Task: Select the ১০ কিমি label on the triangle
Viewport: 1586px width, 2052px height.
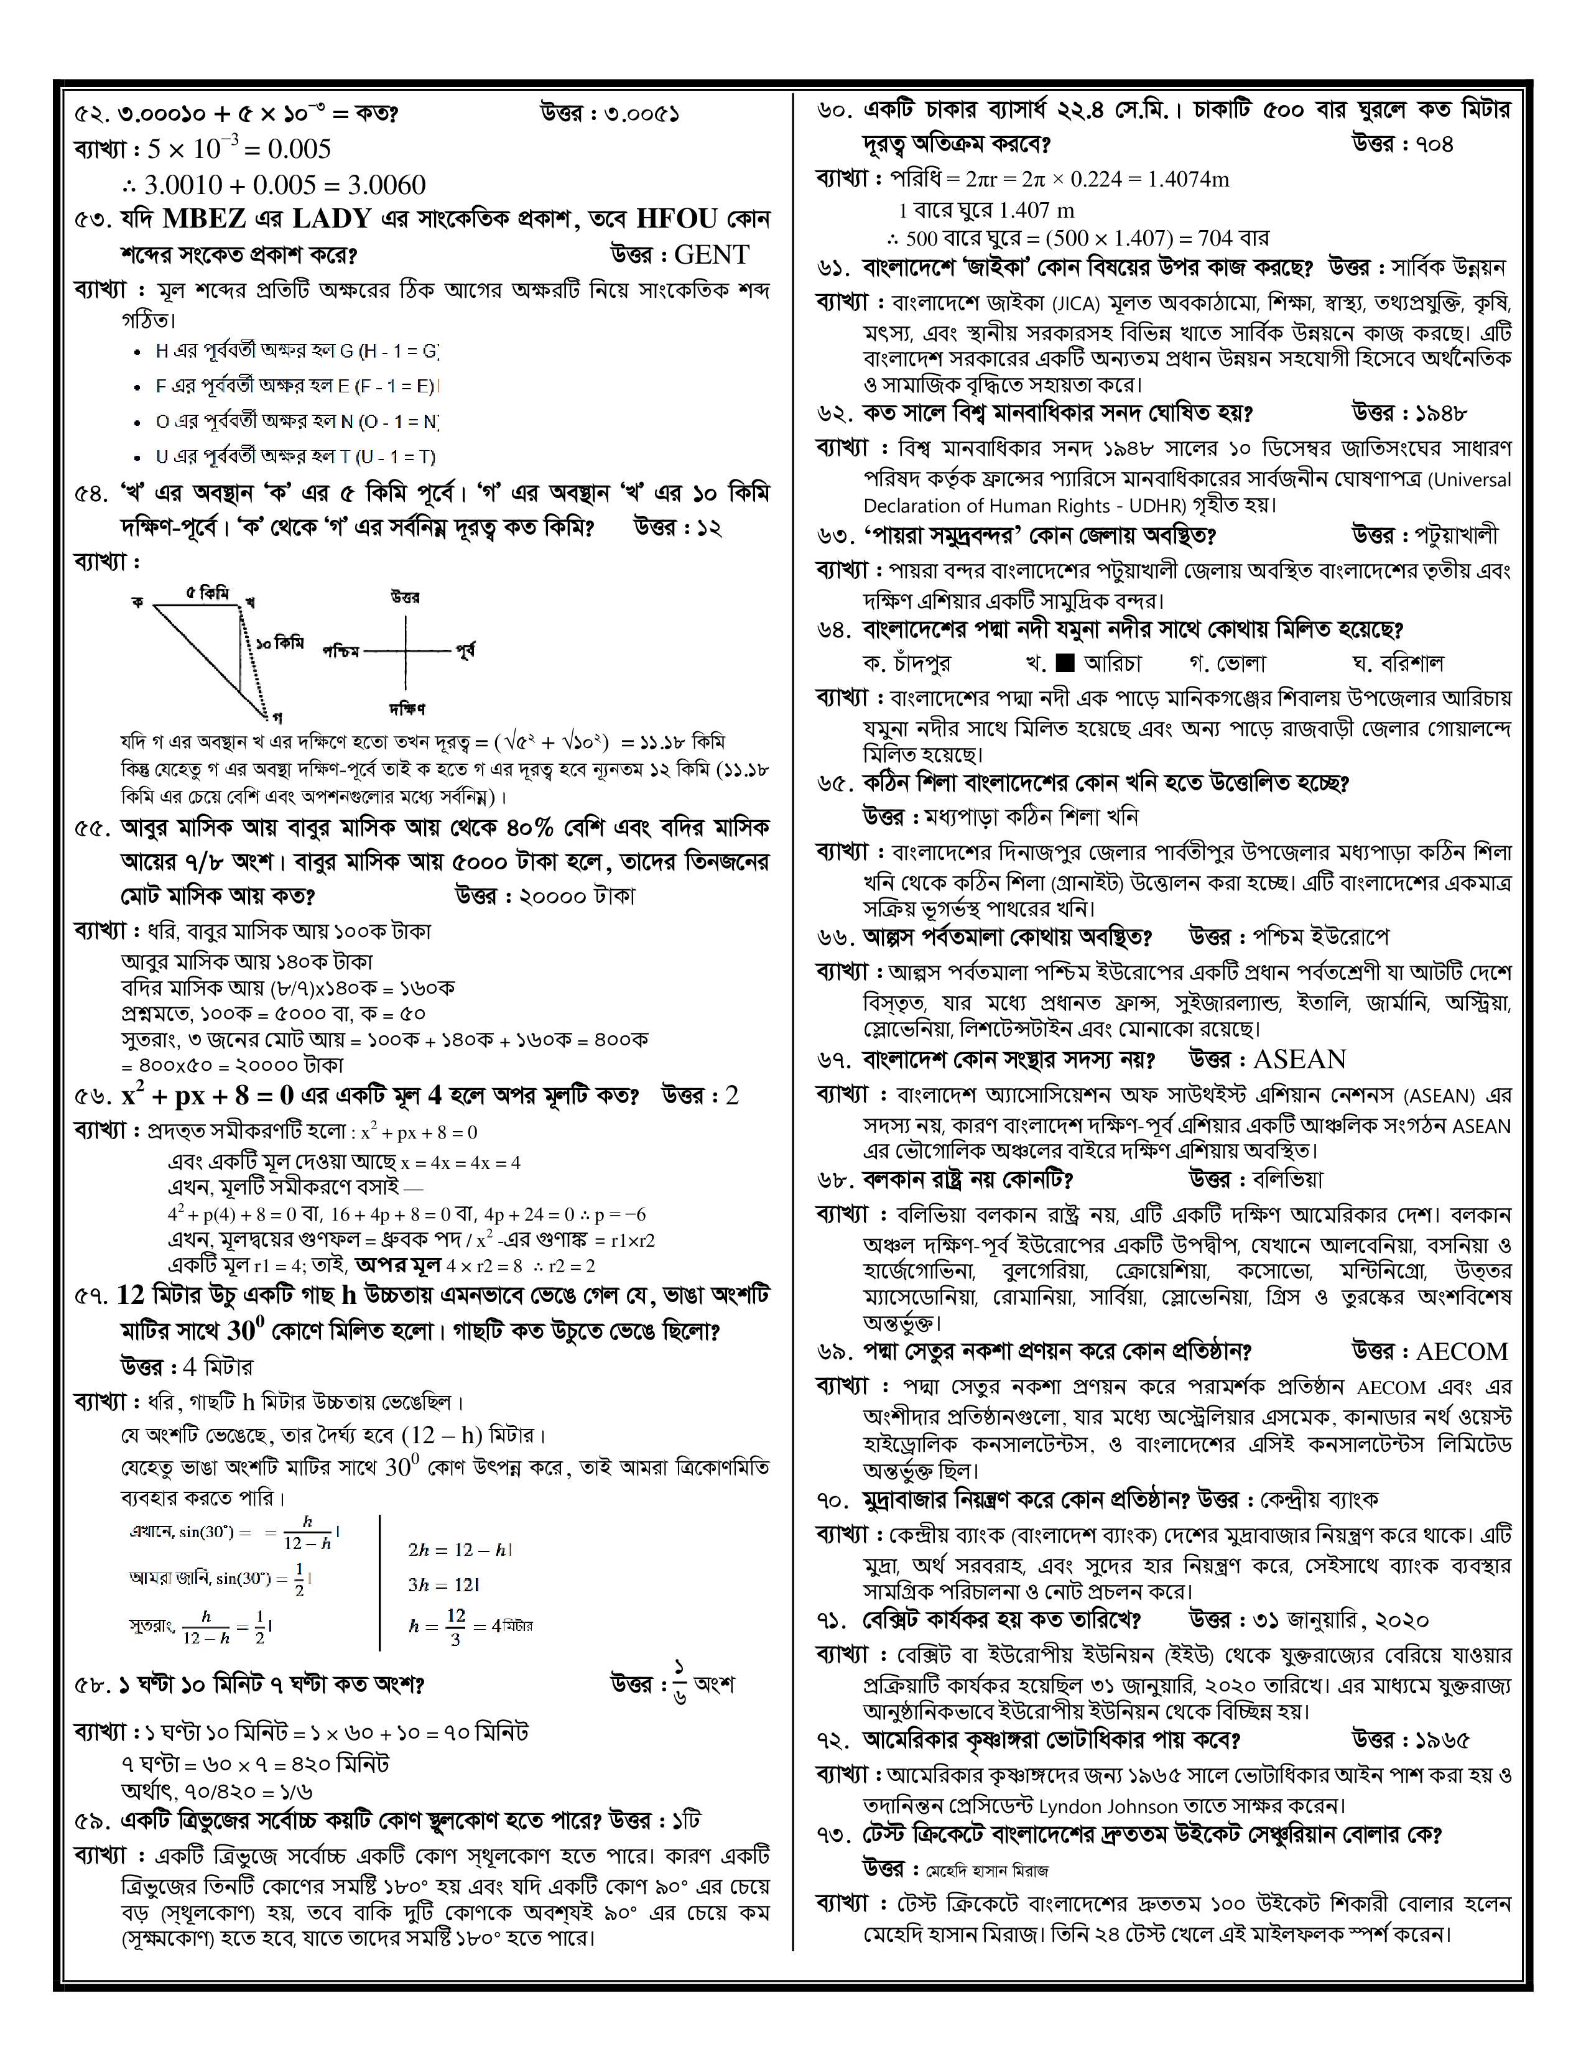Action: pyautogui.click(x=280, y=644)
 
